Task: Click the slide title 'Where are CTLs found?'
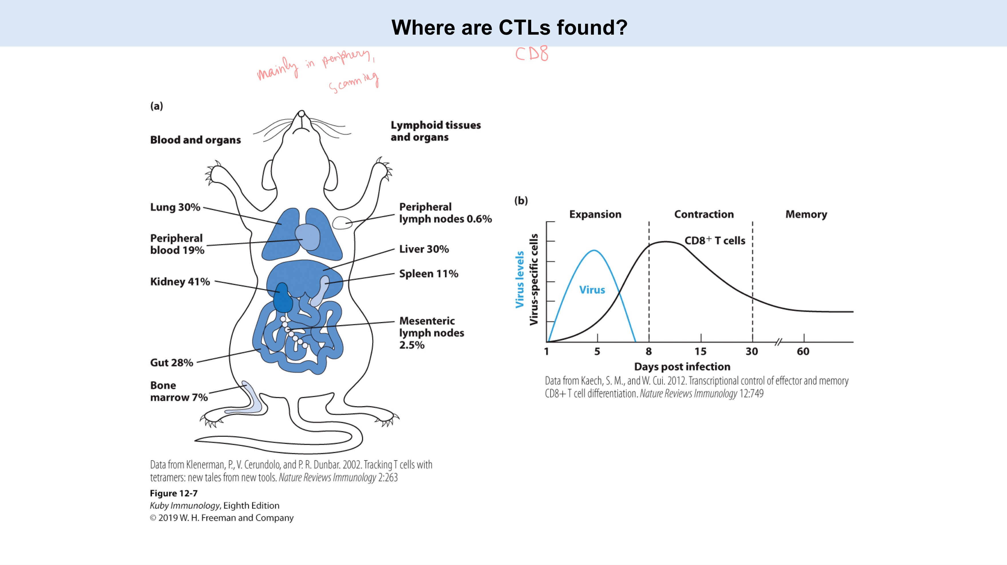click(x=509, y=27)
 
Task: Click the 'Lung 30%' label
click(x=175, y=207)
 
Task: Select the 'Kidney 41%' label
click(x=180, y=282)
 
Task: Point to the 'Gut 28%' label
click(x=172, y=362)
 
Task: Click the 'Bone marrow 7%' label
click(x=179, y=391)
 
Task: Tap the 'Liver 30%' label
click(x=424, y=249)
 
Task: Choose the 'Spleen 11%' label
click(x=428, y=274)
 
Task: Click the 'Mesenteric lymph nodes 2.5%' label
click(x=431, y=333)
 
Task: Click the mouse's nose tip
click(x=301, y=113)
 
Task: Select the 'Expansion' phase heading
click(x=595, y=214)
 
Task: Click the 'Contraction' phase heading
click(x=704, y=214)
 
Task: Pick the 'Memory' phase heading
click(x=806, y=214)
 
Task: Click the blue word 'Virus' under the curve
click(x=592, y=290)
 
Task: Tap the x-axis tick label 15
click(x=701, y=351)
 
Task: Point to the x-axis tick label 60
click(x=803, y=351)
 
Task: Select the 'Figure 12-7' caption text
click(x=174, y=493)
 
